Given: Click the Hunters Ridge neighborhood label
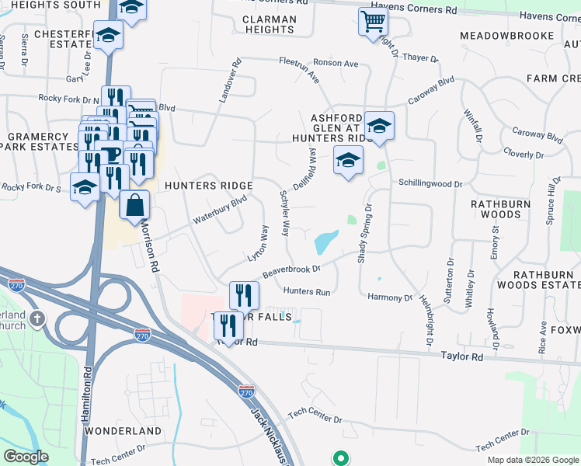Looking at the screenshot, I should (x=209, y=186).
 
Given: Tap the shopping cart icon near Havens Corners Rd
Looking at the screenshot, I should (x=374, y=22).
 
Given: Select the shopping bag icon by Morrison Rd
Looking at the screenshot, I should (x=134, y=205).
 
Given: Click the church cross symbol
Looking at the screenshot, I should (x=37, y=318).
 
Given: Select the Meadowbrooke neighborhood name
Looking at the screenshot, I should (x=506, y=36).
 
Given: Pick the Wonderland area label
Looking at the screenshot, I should (x=122, y=430).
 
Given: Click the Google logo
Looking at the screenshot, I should (x=26, y=457).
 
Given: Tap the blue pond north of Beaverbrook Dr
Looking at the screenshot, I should (x=326, y=242).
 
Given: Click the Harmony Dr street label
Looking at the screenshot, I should (x=390, y=297).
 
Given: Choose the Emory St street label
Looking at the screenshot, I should (x=495, y=251).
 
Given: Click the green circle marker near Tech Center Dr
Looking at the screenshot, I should (x=339, y=458).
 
